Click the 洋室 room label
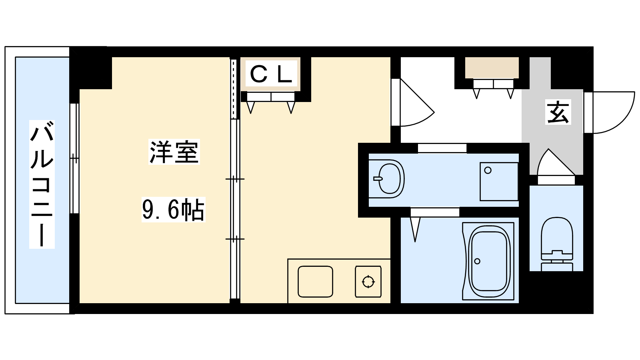[x=174, y=152]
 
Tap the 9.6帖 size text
[x=174, y=210]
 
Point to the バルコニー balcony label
[x=42, y=184]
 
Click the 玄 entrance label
[x=558, y=112]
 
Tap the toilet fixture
[x=557, y=244]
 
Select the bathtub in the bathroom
[x=488, y=261]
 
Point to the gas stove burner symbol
[x=368, y=282]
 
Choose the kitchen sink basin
[x=315, y=282]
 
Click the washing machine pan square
[x=499, y=182]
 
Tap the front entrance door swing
[x=609, y=112]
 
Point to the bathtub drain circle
[x=477, y=261]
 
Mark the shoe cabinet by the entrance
[x=492, y=68]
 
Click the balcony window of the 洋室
[x=74, y=158]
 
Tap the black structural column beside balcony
[x=91, y=68]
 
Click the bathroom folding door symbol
[x=435, y=225]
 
